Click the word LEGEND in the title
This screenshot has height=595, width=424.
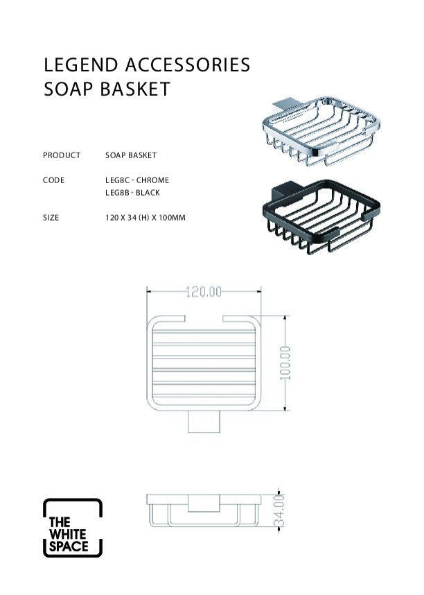(x=81, y=65)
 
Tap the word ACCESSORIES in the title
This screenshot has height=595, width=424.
(x=188, y=65)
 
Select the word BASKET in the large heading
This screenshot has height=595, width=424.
(x=135, y=89)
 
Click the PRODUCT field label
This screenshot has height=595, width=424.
(x=62, y=155)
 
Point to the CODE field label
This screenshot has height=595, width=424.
(x=53, y=180)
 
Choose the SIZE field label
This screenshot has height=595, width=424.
(x=51, y=218)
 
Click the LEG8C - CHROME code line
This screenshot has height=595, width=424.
(x=137, y=180)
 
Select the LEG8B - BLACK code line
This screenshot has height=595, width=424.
(x=133, y=193)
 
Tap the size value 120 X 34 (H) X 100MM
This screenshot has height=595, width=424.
(x=145, y=218)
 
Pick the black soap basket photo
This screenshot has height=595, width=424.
(x=321, y=216)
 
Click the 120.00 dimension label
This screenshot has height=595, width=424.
(x=204, y=292)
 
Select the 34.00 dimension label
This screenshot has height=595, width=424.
(x=279, y=510)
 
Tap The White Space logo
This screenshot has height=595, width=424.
(x=73, y=528)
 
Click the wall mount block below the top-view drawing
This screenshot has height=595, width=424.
(x=204, y=421)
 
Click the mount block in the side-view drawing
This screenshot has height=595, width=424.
(x=204, y=503)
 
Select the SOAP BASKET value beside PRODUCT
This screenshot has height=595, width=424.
(x=131, y=155)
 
